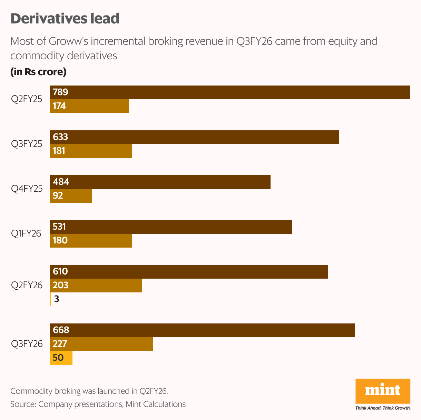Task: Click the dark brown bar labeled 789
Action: pos(229,92)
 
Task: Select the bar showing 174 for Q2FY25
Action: pos(89,106)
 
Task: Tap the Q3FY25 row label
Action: pos(27,144)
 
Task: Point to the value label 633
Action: pos(60,137)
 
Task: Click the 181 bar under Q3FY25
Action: pos(91,151)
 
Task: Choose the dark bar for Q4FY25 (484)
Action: pos(160,182)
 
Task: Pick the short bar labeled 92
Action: pos(71,196)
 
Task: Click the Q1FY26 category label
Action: pos(26,234)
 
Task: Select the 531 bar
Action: pos(171,227)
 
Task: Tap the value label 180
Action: pos(60,241)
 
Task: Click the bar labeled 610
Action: pos(189,272)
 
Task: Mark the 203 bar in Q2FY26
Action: pos(96,286)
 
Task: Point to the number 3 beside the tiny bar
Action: pos(57,299)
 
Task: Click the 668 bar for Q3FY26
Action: pos(202,330)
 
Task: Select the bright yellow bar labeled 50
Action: pos(61,358)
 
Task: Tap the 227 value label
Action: pos(60,344)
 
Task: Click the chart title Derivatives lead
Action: pos(65,19)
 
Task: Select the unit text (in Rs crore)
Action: pos(38,72)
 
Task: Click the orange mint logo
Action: pos(383,391)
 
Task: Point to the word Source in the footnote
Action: pos(22,404)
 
